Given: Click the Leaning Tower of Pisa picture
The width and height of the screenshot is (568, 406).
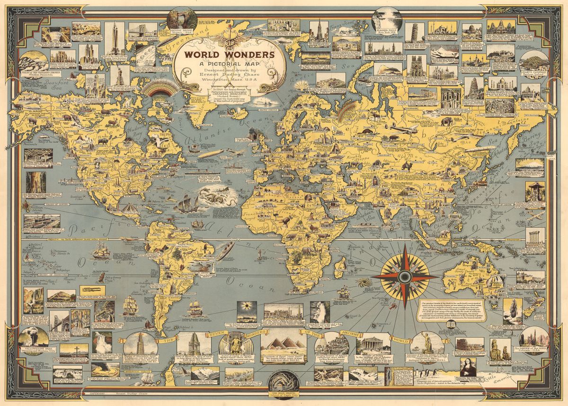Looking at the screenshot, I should tap(414, 32).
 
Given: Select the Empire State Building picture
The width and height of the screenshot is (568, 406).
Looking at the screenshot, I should tap(115, 38).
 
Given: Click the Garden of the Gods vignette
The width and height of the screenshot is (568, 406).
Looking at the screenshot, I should tap(533, 338).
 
